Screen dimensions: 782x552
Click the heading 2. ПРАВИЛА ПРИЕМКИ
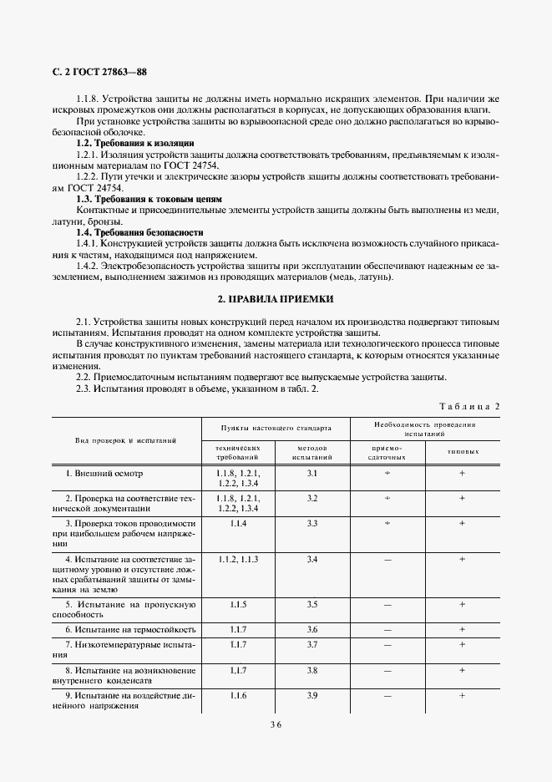[x=275, y=298]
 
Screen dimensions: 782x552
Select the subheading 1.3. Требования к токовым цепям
[x=149, y=199]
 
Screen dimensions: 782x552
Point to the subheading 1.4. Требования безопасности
[x=139, y=231]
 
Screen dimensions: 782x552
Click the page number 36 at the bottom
[x=275, y=725]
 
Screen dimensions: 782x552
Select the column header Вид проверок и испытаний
[x=125, y=439]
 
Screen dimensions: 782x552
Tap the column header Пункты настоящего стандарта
[x=276, y=428]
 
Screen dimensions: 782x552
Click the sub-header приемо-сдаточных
[x=387, y=453]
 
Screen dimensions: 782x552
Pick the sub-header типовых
[x=462, y=451]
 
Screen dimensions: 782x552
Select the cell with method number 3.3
[x=312, y=523]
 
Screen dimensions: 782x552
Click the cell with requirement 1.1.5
[x=238, y=603]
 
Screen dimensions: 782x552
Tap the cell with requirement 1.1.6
[x=238, y=695]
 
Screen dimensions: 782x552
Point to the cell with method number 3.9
[x=312, y=695]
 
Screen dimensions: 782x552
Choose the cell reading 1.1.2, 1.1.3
[x=238, y=558]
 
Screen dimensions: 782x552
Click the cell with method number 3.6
[x=312, y=628]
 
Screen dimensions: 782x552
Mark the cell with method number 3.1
[x=312, y=474]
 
